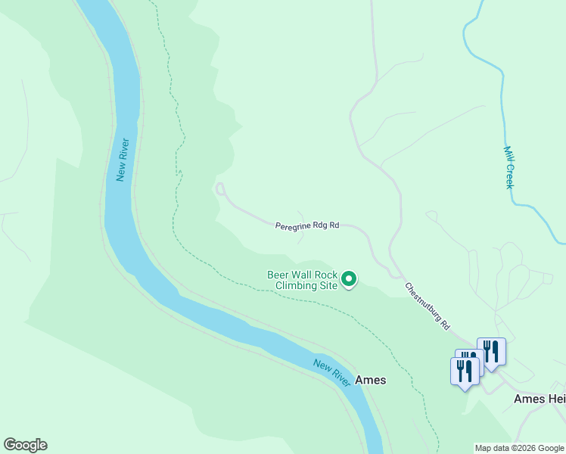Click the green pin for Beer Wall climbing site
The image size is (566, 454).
[x=349, y=280]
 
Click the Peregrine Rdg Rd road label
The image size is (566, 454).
[x=306, y=225]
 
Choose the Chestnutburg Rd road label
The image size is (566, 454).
[x=428, y=306]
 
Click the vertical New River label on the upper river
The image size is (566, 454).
[x=123, y=160]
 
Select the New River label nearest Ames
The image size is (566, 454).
[x=332, y=373]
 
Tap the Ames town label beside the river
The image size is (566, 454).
[x=370, y=380]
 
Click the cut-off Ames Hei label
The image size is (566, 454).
[x=539, y=399]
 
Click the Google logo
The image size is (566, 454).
[x=25, y=445]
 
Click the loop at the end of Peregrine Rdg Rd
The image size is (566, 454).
[x=220, y=188]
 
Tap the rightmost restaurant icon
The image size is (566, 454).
[x=492, y=351]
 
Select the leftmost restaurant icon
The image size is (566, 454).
[x=464, y=371]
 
